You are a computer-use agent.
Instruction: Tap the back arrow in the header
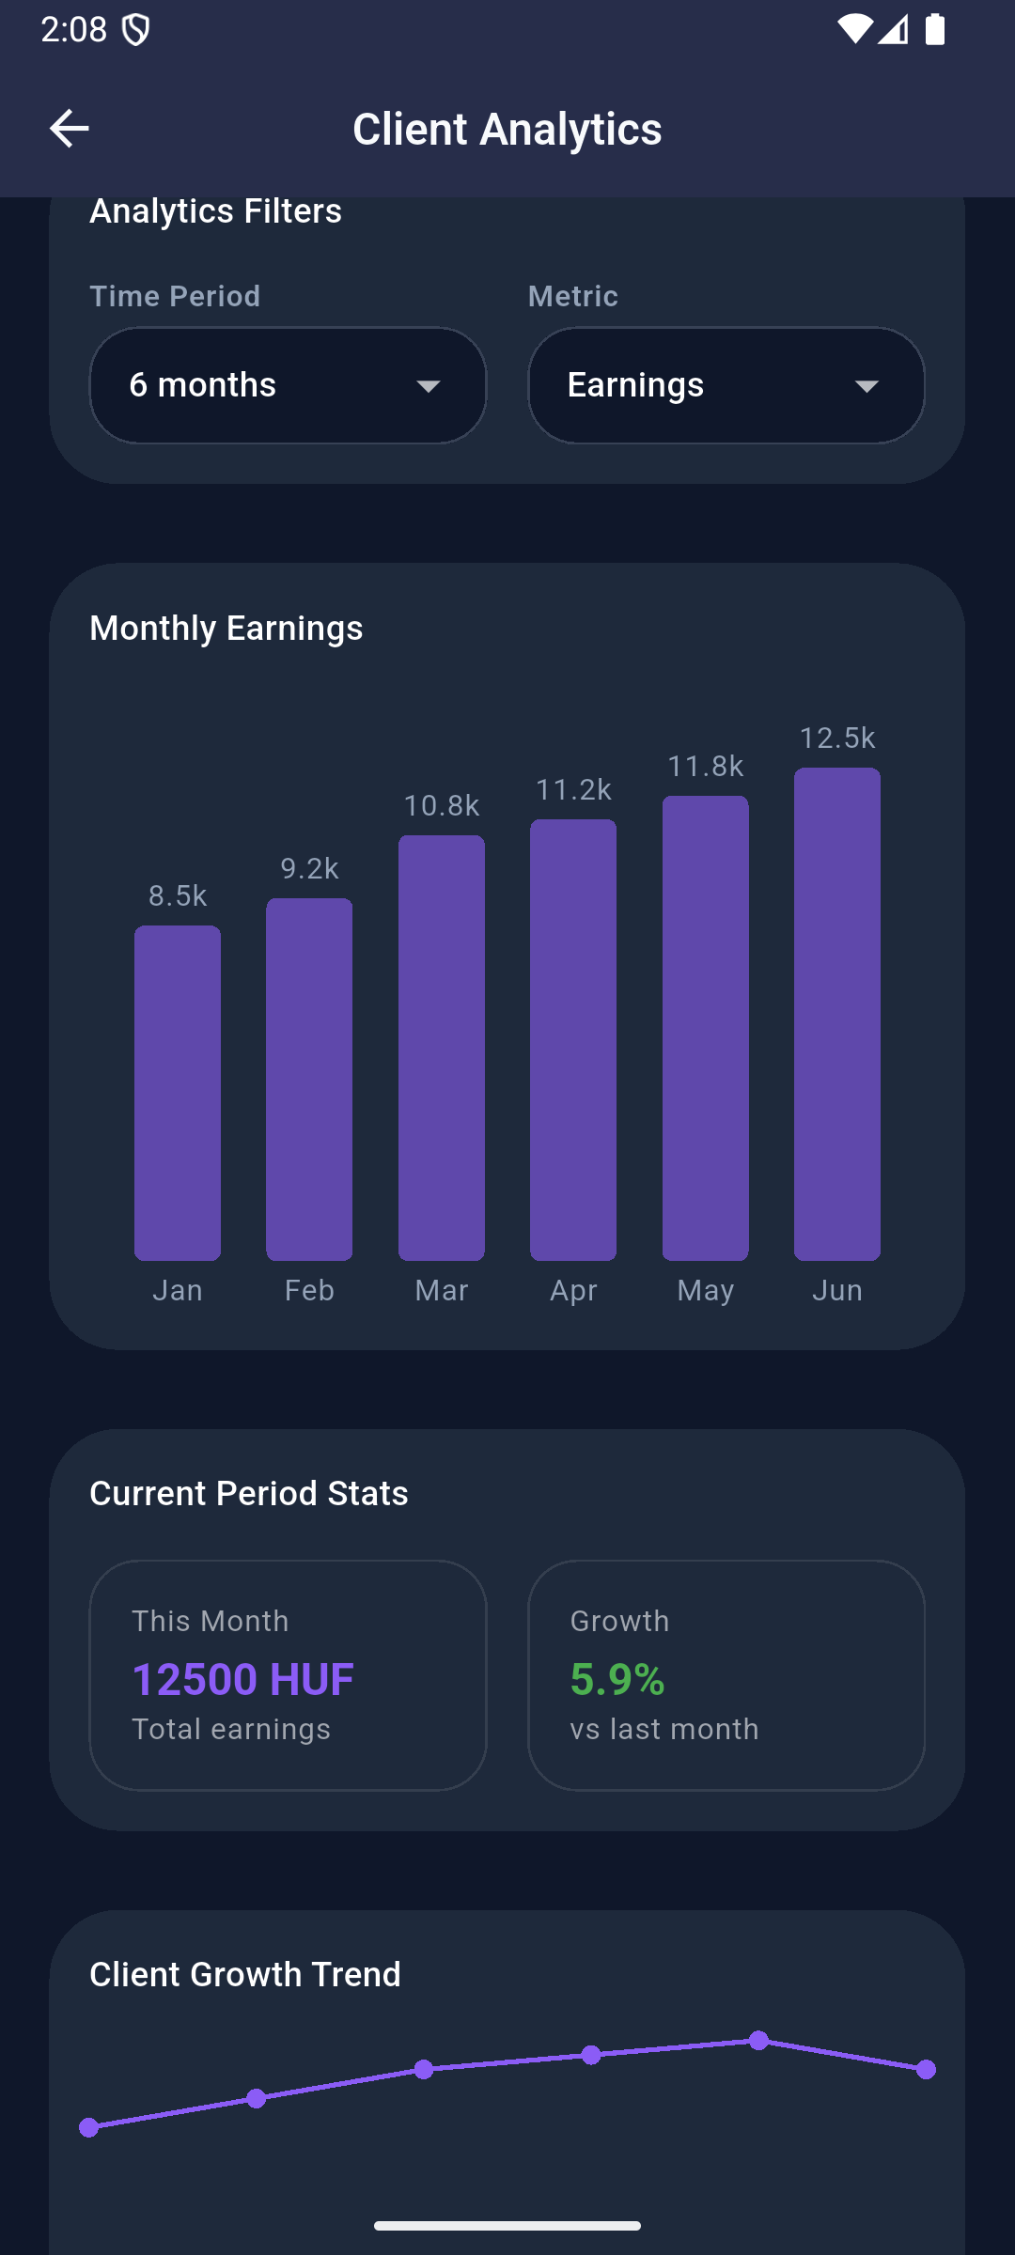69,129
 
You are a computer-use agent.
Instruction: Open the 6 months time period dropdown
288,385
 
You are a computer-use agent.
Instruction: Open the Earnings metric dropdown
726,385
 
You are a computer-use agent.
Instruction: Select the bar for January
178,1092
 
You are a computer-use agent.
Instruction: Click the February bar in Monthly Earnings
309,1079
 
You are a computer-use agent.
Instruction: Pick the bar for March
442,1047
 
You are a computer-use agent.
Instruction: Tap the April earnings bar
573,1039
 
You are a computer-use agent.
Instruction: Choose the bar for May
706,1028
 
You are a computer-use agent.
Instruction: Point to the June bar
837,1013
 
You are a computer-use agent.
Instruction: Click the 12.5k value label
837,739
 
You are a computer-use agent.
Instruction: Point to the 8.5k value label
178,896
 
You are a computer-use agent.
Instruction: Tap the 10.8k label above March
442,806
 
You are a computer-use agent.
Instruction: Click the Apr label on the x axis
573,1291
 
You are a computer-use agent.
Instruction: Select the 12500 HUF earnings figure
242,1680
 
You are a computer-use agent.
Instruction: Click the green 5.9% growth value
617,1680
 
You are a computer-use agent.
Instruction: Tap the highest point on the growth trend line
759,2041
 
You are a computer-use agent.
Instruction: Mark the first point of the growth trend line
89,2127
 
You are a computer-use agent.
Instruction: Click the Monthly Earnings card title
226,629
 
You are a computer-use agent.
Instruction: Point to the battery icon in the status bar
935,29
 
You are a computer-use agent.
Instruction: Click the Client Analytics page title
507,129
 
